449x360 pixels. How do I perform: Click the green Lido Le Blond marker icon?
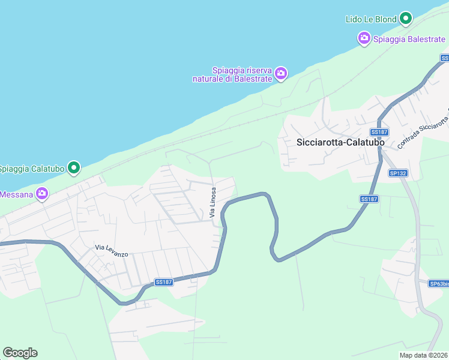[x=406, y=19]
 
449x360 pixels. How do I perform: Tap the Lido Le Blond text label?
[x=371, y=19]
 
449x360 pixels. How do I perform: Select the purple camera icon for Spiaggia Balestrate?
[x=364, y=39]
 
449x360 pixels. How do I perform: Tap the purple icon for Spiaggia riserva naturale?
[x=281, y=74]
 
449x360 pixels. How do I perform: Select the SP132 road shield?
[x=398, y=173]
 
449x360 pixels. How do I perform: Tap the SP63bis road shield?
[x=439, y=284]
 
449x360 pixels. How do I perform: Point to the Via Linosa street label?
[x=212, y=202]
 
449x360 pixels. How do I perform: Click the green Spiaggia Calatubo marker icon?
[x=73, y=168]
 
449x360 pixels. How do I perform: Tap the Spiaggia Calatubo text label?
[x=32, y=169]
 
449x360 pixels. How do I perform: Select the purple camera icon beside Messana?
[x=41, y=194]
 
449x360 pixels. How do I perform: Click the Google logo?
[x=20, y=353]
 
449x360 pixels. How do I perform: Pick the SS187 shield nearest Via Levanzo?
[x=164, y=282]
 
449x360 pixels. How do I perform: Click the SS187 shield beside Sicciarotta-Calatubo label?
[x=378, y=132]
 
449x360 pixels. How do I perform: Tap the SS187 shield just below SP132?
[x=369, y=199]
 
